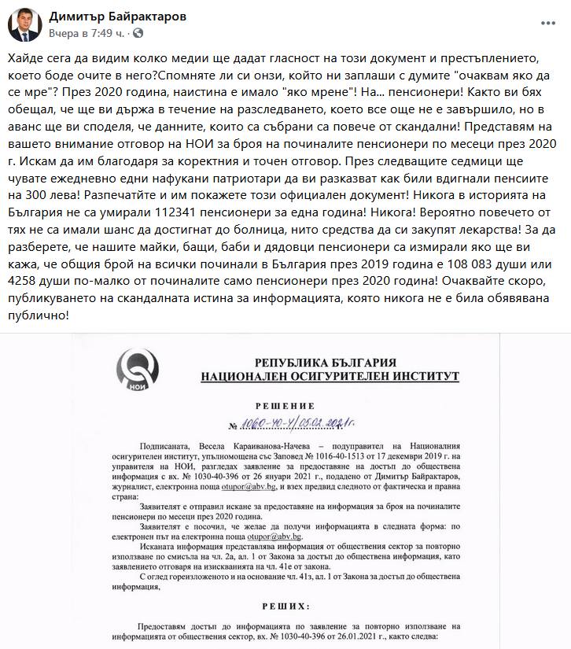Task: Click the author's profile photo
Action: (24, 25)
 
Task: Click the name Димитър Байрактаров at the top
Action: (118, 17)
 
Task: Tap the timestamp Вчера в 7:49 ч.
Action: (85, 34)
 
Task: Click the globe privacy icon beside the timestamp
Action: (138, 34)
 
